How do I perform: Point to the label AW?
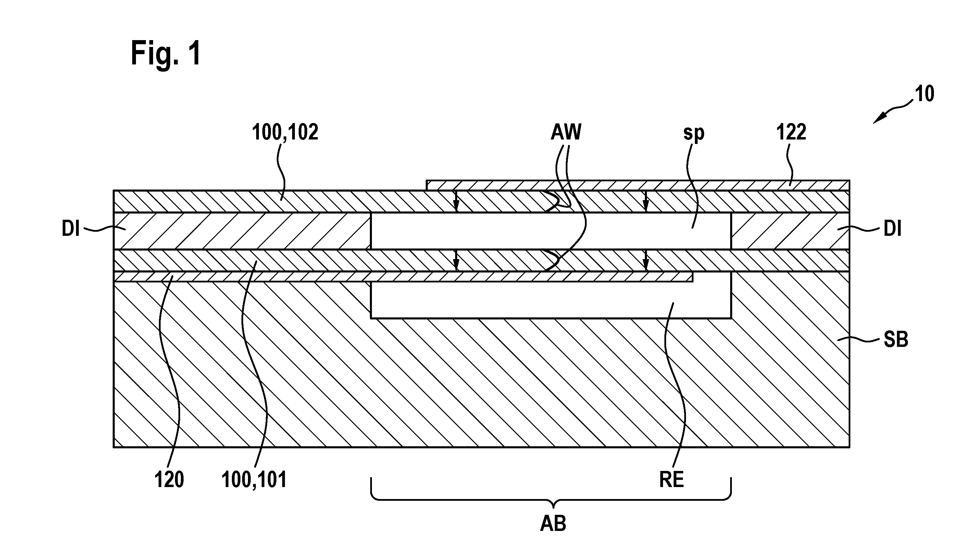[x=566, y=132]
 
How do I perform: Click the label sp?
[x=694, y=134]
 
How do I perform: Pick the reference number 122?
[x=791, y=133]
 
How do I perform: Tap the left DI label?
[x=71, y=230]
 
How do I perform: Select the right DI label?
[x=892, y=230]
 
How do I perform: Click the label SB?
[x=896, y=339]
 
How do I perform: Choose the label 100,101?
[x=254, y=480]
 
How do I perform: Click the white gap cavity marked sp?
[x=551, y=231]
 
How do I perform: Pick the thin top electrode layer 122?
[x=638, y=185]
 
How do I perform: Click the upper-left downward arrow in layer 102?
[x=456, y=202]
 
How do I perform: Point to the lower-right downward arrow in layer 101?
[x=646, y=260]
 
